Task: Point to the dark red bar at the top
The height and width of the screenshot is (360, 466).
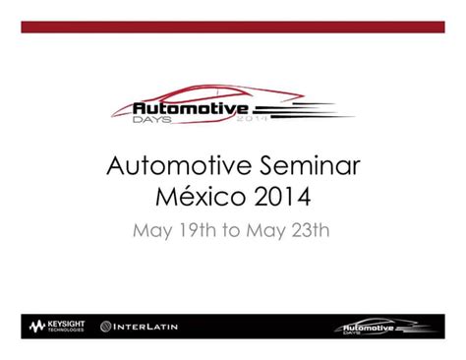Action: click(x=232, y=27)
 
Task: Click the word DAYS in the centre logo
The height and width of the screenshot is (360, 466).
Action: click(x=151, y=119)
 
